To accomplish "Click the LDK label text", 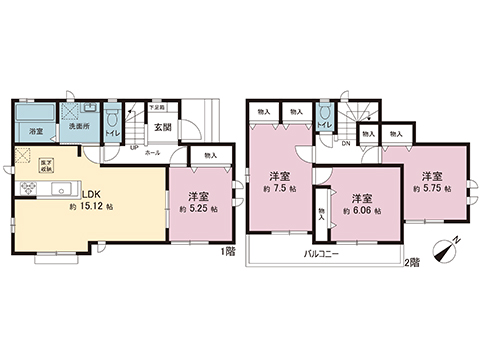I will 89,194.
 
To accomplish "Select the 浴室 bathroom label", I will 35,131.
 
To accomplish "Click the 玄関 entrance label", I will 163,128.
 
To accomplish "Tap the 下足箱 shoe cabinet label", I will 157,106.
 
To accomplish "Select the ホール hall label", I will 152,153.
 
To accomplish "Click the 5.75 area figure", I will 431,185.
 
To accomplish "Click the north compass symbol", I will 446,248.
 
